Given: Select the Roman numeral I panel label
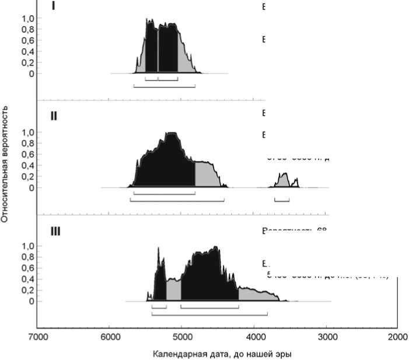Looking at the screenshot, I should [x=53, y=7].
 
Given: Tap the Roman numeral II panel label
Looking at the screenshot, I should [x=54, y=116].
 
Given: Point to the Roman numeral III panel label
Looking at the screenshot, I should [x=55, y=231].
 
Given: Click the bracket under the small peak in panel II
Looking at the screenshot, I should [x=282, y=201].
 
